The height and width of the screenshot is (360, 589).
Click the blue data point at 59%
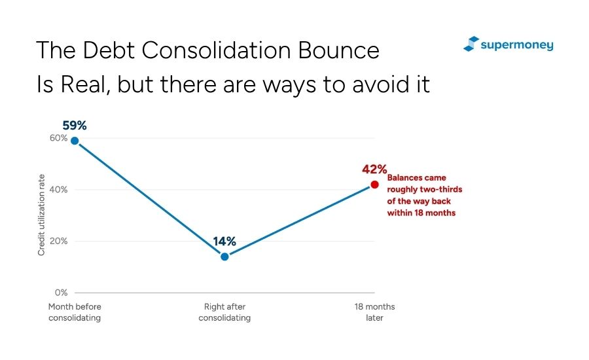75,141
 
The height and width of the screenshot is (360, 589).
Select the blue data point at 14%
224,257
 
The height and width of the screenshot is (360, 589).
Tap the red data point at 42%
374,185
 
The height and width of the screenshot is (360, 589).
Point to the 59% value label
75,126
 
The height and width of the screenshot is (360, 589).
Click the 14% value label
224,242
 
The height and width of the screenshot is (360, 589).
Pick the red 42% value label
374,169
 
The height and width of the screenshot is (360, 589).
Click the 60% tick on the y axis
59,138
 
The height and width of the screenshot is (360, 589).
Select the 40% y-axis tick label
59,189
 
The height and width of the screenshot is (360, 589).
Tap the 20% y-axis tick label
59,241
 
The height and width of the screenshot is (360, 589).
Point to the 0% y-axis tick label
62,293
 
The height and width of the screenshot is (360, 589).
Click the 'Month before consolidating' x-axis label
75,312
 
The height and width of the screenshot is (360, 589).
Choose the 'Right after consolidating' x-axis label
224,312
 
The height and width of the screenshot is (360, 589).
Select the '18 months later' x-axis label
374,312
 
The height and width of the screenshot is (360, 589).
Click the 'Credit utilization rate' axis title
41,215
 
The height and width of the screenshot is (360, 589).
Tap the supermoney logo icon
471,44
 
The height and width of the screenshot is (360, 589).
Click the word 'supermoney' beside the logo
517,45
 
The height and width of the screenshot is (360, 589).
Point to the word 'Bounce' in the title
339,50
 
